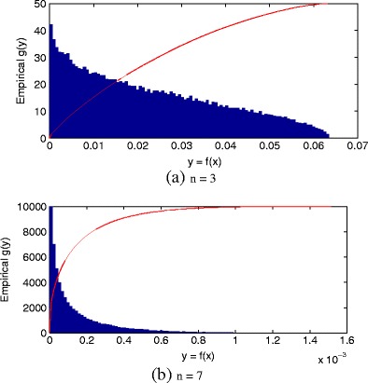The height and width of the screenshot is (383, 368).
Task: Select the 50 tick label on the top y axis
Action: point(38,5)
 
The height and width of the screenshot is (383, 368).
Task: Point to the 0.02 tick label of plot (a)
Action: point(136,146)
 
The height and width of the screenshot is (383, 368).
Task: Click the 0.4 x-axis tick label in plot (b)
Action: point(126,340)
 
